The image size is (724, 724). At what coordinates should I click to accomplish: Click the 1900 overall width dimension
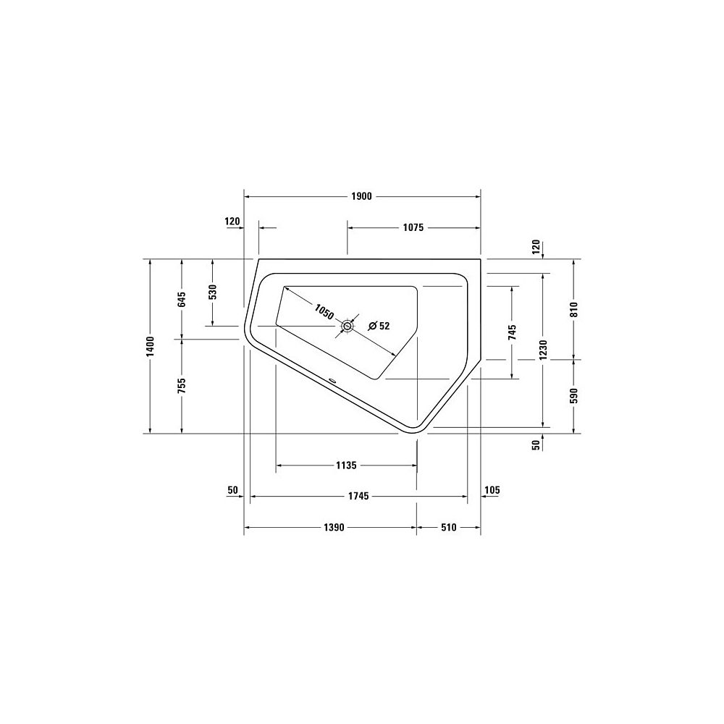361,197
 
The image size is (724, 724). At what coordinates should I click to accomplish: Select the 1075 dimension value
413,227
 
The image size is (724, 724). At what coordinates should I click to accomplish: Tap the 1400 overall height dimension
150,346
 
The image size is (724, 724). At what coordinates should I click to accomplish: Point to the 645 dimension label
182,299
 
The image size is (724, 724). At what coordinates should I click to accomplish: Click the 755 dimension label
182,386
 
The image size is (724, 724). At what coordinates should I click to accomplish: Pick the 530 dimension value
212,292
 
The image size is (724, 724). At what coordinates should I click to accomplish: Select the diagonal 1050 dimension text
324,311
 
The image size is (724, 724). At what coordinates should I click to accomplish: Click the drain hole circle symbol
347,327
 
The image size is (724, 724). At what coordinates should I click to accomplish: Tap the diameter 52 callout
379,326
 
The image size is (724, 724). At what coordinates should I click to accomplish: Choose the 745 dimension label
512,332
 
